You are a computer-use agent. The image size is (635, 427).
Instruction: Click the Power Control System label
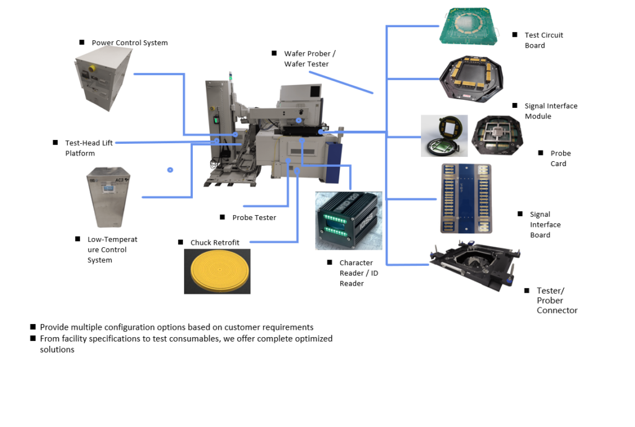[130, 43]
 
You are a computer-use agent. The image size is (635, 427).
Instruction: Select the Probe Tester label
[254, 218]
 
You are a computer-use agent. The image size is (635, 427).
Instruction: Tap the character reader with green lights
[349, 220]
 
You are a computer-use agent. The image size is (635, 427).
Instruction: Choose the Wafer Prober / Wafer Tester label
[309, 59]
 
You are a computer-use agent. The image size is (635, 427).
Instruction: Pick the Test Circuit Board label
[544, 40]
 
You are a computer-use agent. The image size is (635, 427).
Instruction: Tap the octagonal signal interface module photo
[472, 79]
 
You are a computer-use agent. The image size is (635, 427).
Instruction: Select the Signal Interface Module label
[551, 111]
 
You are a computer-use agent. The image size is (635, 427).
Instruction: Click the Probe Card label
[560, 158]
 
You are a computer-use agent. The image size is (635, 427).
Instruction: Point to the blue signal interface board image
[466, 198]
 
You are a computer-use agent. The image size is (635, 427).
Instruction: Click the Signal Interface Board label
[545, 224]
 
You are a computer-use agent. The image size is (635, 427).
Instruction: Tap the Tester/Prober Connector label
[557, 301]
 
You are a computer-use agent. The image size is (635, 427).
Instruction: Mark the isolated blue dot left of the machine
[170, 169]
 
